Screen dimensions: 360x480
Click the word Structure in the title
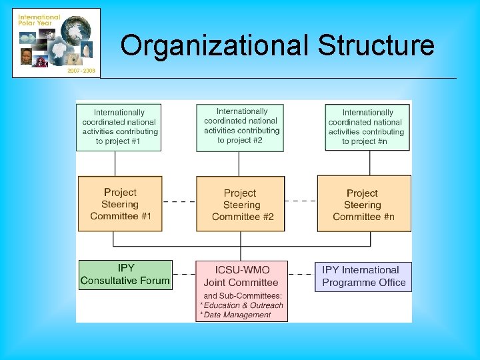coord(375,46)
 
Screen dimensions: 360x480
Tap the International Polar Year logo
coord(56,43)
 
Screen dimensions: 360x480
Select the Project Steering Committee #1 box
coord(120,204)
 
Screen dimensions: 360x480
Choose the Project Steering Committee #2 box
coord(241,205)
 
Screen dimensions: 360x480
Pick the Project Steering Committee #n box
coord(364,204)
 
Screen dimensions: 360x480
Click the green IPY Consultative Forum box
coord(125,275)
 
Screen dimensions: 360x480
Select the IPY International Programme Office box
coord(363,276)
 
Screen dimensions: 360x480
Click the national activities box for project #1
coord(119,127)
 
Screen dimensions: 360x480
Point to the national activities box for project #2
coord(241,125)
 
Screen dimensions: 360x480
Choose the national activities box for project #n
coord(367,127)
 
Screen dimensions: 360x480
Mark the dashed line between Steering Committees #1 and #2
coord(179,201)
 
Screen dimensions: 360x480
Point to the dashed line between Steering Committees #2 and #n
coord(301,201)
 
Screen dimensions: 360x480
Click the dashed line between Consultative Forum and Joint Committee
coord(183,273)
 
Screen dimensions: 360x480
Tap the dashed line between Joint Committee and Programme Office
coord(301,273)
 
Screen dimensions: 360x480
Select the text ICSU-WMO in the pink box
coord(242,270)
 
